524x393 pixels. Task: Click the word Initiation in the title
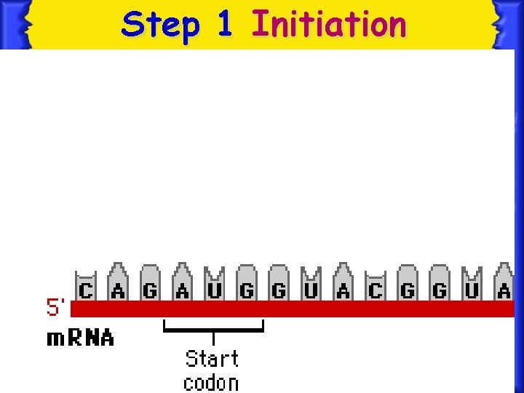(x=328, y=24)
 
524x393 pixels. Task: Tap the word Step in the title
(x=160, y=25)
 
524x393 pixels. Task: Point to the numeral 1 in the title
(x=224, y=24)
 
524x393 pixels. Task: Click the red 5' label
(x=57, y=309)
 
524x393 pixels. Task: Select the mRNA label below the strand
(x=80, y=338)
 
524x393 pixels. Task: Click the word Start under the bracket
(x=212, y=359)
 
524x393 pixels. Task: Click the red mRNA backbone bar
(x=291, y=309)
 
